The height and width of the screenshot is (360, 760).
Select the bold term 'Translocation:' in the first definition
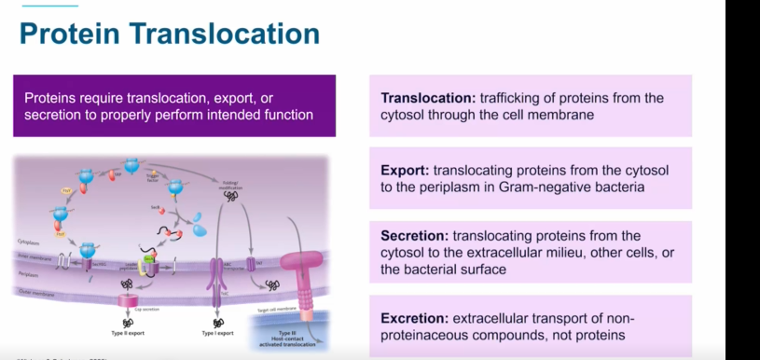click(429, 98)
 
